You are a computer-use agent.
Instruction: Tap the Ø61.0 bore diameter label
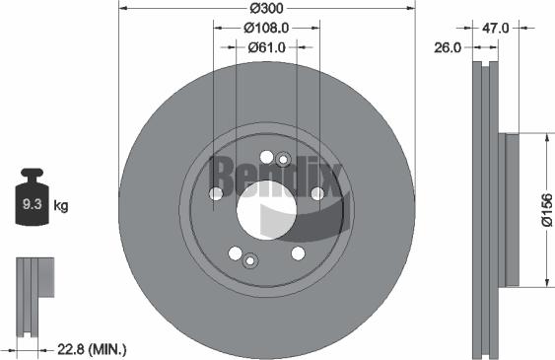click(x=266, y=46)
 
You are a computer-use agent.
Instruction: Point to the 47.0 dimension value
click(x=496, y=28)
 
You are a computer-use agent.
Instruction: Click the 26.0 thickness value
click(x=451, y=46)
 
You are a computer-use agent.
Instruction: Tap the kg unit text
click(x=61, y=206)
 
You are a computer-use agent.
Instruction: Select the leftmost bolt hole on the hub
click(x=217, y=193)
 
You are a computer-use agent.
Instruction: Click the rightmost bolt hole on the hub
click(x=317, y=193)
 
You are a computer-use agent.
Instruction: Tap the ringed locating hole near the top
click(x=283, y=158)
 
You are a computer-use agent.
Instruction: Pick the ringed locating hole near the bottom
click(x=249, y=260)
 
